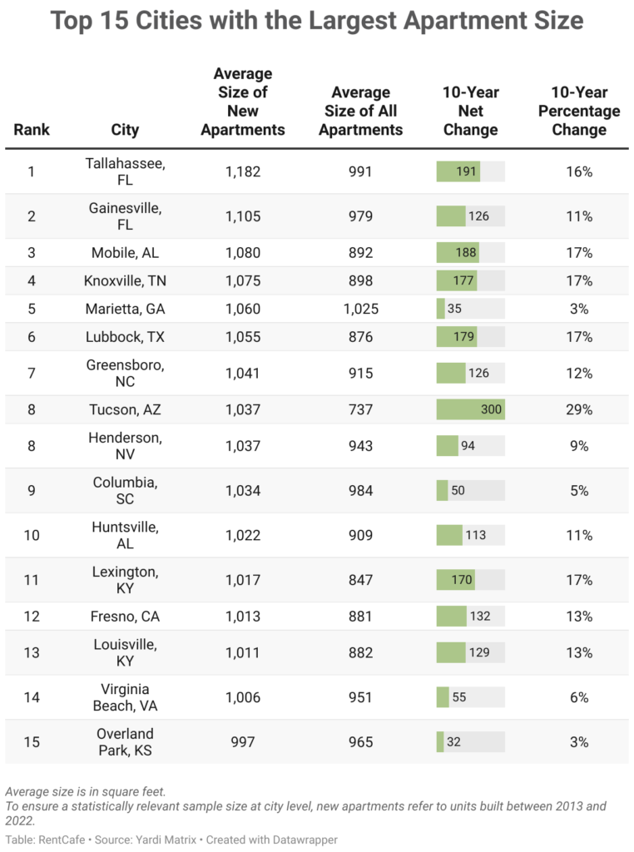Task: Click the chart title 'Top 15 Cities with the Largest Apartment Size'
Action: pos(317,21)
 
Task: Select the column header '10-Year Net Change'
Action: pos(470,111)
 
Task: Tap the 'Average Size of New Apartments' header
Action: pos(243,102)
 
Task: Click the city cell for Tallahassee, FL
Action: pos(125,171)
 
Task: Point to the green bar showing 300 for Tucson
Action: pos(470,409)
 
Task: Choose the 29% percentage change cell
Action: pos(579,409)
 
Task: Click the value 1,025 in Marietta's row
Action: pos(360,309)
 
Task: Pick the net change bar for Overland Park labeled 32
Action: pos(441,741)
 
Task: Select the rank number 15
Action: pos(32,741)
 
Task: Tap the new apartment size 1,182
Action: pos(243,171)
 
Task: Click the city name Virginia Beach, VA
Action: pos(125,697)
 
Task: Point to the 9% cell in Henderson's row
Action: pos(579,446)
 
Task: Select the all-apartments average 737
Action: pos(360,409)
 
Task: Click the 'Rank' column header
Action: pos(32,129)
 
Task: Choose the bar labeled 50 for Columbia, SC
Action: pos(443,490)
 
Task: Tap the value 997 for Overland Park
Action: pos(243,741)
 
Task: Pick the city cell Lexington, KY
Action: pos(125,579)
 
